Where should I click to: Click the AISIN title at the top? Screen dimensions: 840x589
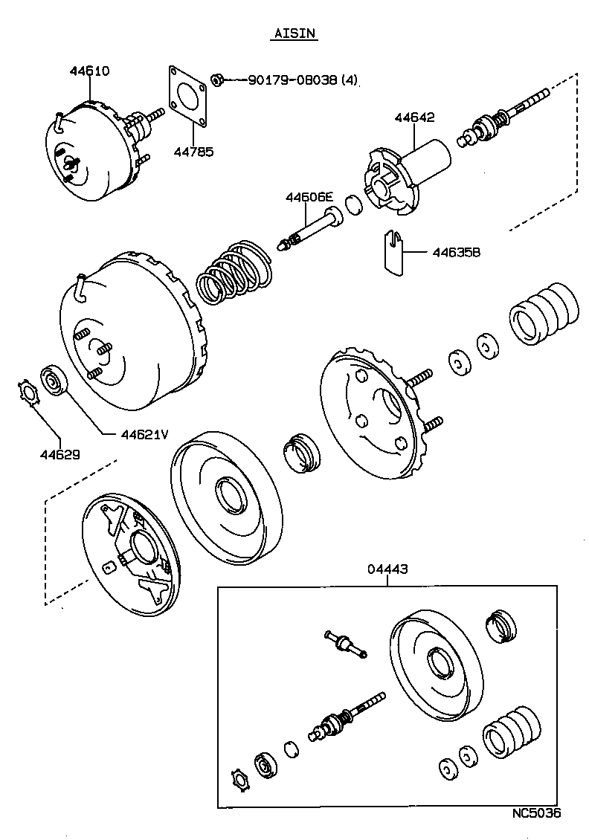click(295, 33)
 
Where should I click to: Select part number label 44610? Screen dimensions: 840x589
click(89, 71)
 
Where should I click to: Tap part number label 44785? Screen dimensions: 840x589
click(194, 152)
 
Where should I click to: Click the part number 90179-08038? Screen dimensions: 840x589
click(286, 80)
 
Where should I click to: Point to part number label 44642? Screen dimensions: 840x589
click(414, 117)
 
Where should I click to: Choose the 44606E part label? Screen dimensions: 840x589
click(309, 198)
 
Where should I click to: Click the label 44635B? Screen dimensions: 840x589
click(456, 252)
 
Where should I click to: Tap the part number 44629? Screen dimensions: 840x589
click(60, 453)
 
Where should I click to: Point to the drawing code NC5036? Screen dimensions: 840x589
click(535, 812)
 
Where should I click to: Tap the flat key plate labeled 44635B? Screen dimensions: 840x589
click(393, 252)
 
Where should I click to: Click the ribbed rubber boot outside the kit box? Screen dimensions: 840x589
click(542, 313)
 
